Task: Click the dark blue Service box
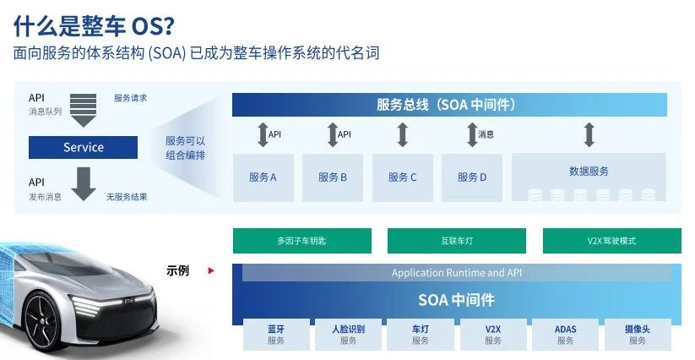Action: pyautogui.click(x=83, y=148)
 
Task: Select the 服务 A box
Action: pyautogui.click(x=263, y=177)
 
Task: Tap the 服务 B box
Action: pyautogui.click(x=333, y=177)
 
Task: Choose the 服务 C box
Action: pyautogui.click(x=403, y=177)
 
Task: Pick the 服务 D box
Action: pyautogui.click(x=472, y=177)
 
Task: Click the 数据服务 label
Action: pyautogui.click(x=589, y=172)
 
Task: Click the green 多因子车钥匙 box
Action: pyautogui.click(x=301, y=241)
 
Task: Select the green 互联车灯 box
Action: pyautogui.click(x=457, y=241)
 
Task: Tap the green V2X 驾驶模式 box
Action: pyautogui.click(x=611, y=241)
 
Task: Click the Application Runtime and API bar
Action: pyautogui.click(x=457, y=273)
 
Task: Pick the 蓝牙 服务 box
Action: pyautogui.click(x=276, y=335)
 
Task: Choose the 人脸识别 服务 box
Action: pyautogui.click(x=349, y=335)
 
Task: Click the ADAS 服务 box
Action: pyautogui.click(x=565, y=335)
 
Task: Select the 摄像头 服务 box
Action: pyautogui.click(x=638, y=335)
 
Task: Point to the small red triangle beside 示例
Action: pyautogui.click(x=211, y=271)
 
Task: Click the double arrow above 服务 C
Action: pyautogui.click(x=403, y=134)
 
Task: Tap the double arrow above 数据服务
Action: pyautogui.click(x=589, y=134)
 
